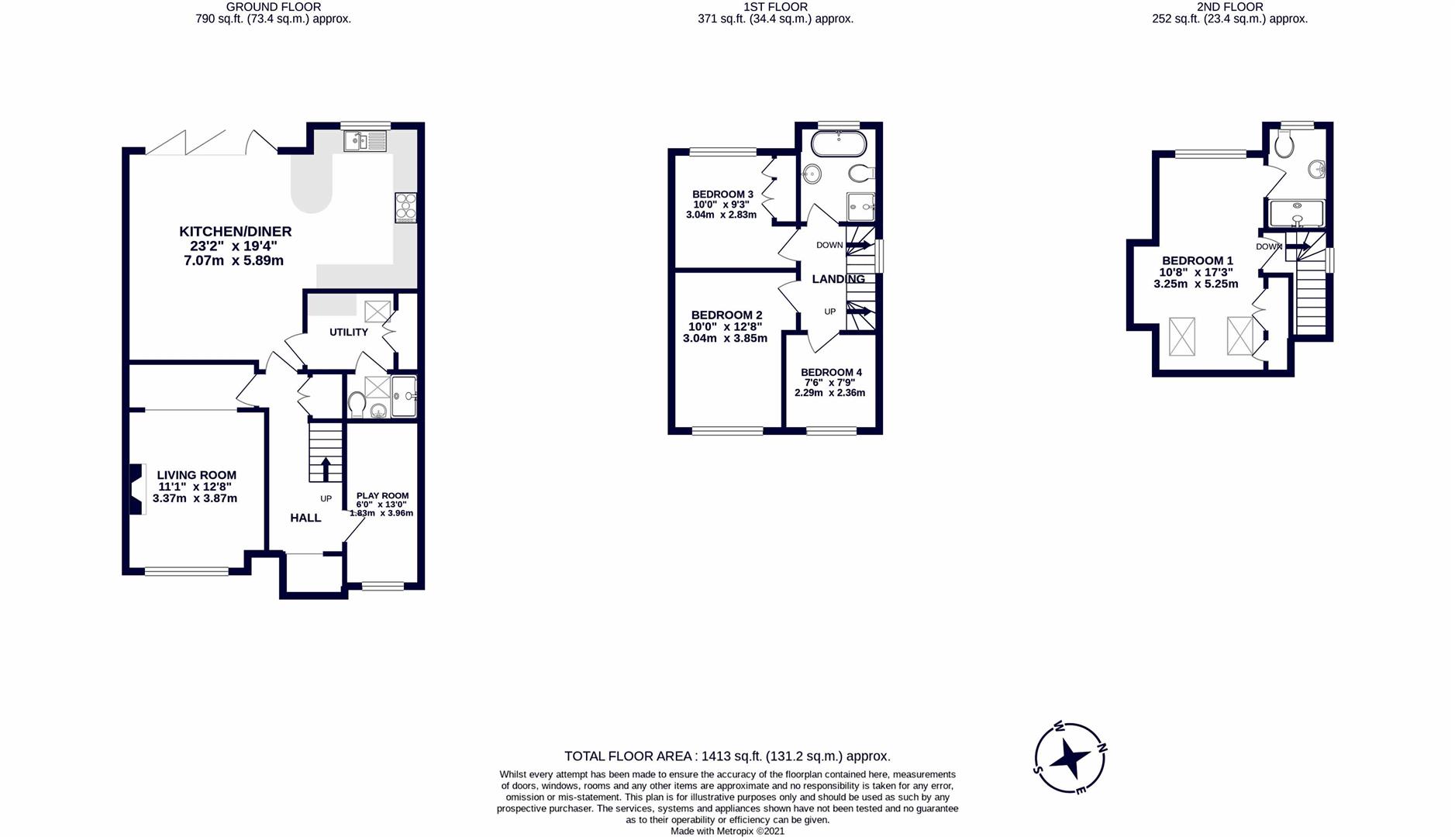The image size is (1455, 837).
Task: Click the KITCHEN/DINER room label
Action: click(235, 232)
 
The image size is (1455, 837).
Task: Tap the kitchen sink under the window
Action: click(364, 141)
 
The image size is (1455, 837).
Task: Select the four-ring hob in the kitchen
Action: click(405, 207)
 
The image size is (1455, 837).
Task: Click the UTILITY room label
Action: click(348, 332)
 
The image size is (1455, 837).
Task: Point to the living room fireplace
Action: click(136, 488)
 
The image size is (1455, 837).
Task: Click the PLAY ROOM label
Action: click(382, 496)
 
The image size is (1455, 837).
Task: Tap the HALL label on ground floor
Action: click(305, 518)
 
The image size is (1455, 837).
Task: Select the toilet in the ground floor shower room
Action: click(357, 403)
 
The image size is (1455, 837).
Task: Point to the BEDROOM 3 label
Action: click(722, 195)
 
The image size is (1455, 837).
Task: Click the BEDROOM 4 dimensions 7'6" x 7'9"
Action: click(831, 383)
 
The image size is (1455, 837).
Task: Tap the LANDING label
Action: click(838, 279)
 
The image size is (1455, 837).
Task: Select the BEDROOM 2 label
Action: click(726, 315)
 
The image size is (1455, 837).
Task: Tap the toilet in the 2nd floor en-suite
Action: click(1284, 143)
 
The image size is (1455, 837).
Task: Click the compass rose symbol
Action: click(1070, 758)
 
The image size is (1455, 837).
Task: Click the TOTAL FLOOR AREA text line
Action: click(726, 756)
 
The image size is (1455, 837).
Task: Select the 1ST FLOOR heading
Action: click(775, 7)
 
